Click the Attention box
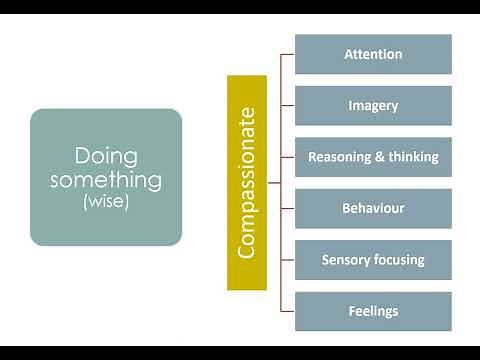[x=373, y=54]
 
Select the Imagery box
[x=373, y=105]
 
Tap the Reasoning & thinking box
[x=373, y=157]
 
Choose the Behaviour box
[x=373, y=208]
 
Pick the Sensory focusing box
[x=373, y=260]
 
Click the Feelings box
[x=373, y=311]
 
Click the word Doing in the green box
[x=106, y=157]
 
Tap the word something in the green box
[x=106, y=180]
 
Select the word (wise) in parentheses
[x=106, y=201]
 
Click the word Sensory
[x=346, y=260]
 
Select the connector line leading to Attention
[x=288, y=54]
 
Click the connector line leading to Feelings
[x=288, y=311]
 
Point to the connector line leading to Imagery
[x=288, y=105]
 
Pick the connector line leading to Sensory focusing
[x=288, y=260]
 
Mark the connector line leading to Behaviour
[x=288, y=208]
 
